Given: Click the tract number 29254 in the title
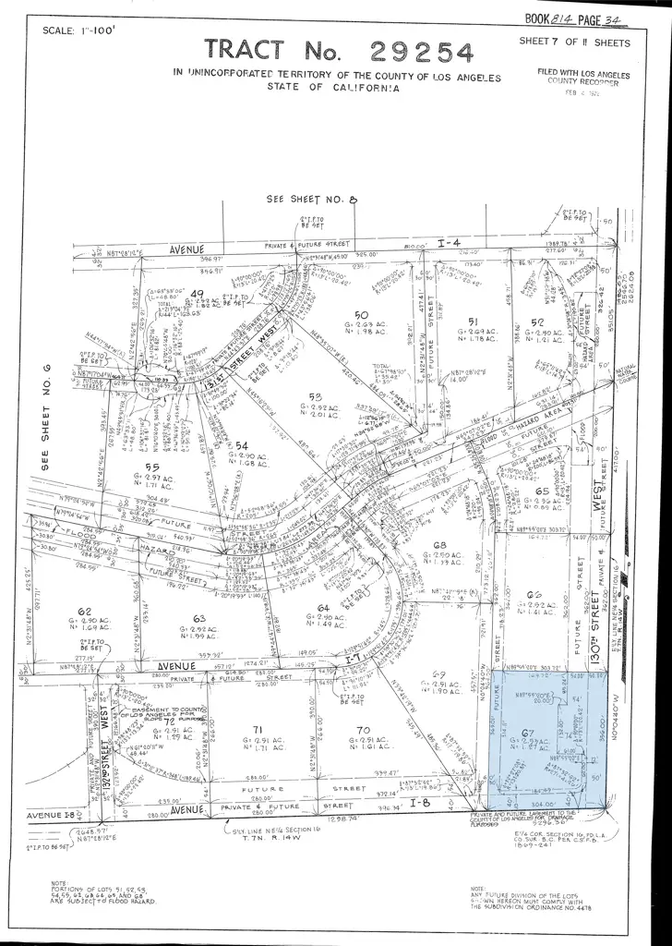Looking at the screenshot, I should tap(422, 52).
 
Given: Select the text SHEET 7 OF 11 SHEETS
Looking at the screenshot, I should tap(574, 42).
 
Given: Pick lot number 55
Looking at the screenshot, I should tap(153, 467).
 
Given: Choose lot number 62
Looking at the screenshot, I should tap(85, 612).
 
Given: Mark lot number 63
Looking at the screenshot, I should tap(198, 617).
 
